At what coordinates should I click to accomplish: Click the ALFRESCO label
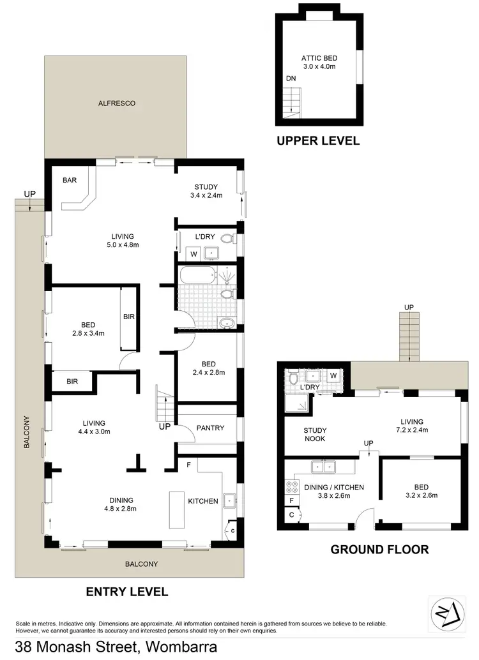[x=116, y=103]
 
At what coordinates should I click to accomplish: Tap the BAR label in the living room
[x=70, y=181]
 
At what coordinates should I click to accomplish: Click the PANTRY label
[x=210, y=428]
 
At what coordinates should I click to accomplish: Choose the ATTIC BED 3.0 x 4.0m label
[x=319, y=61]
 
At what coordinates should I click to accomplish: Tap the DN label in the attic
[x=291, y=79]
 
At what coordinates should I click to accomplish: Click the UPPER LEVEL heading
[x=317, y=141]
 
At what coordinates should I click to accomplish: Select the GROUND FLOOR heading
[x=379, y=549]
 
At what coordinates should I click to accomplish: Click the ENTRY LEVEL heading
[x=126, y=592]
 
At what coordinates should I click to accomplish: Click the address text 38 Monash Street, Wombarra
[x=116, y=647]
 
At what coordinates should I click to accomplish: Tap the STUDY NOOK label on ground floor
[x=314, y=434]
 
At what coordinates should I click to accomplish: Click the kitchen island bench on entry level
[x=176, y=509]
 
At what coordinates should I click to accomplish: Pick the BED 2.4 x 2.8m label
[x=208, y=368]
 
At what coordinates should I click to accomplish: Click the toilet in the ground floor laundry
[x=293, y=378]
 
